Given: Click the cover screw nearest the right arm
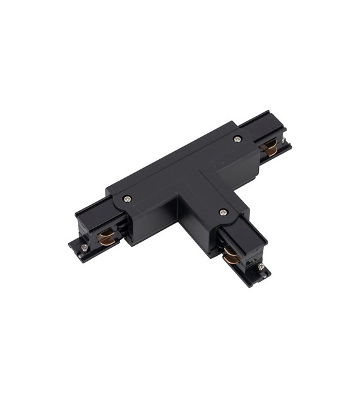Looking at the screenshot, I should (x=237, y=139).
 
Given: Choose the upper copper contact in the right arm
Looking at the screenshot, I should (x=268, y=145).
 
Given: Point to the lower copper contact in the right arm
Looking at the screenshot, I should (x=271, y=153).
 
